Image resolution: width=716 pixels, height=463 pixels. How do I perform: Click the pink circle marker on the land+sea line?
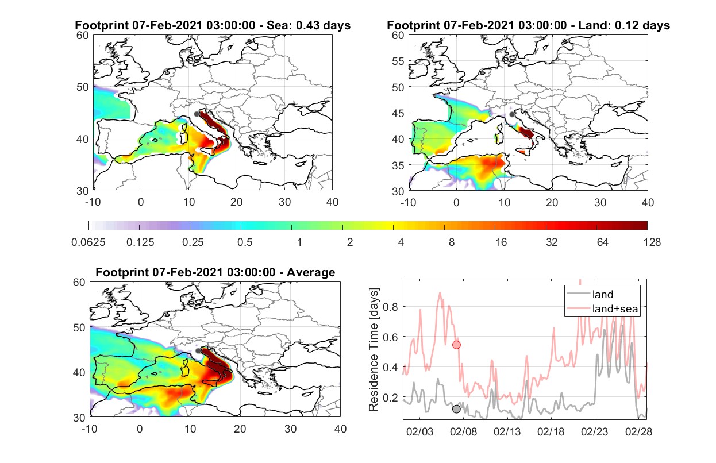pos(456,345)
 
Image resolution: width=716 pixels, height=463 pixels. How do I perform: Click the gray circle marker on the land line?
pos(456,409)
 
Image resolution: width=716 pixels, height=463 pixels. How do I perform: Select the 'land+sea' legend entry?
pos(602,308)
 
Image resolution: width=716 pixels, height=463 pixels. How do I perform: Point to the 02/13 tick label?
pos(507,431)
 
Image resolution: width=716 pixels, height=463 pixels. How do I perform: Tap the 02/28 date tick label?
pos(638,431)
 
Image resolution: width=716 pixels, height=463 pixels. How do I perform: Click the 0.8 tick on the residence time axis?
pos(390,307)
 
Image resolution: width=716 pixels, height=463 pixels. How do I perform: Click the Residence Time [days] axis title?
pos(374,349)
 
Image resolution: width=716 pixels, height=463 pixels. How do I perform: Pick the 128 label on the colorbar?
pos(652,242)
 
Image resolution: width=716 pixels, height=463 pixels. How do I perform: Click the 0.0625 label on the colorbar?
pos(88,242)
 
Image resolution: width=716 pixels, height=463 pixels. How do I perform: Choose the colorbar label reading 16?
pos(501,242)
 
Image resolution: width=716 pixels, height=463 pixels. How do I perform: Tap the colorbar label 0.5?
pos(245,242)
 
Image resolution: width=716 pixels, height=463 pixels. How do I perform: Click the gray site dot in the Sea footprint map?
pos(197,114)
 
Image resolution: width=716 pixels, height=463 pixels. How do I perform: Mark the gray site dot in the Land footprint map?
pos(512,114)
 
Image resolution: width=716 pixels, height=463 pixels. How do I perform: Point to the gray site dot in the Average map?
pos(198,350)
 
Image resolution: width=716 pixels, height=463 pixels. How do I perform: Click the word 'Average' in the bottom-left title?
pos(311,272)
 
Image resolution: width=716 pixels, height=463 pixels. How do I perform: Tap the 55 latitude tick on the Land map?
pos(398,61)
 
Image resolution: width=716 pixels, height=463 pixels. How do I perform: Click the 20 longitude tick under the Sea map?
pos(237,202)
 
